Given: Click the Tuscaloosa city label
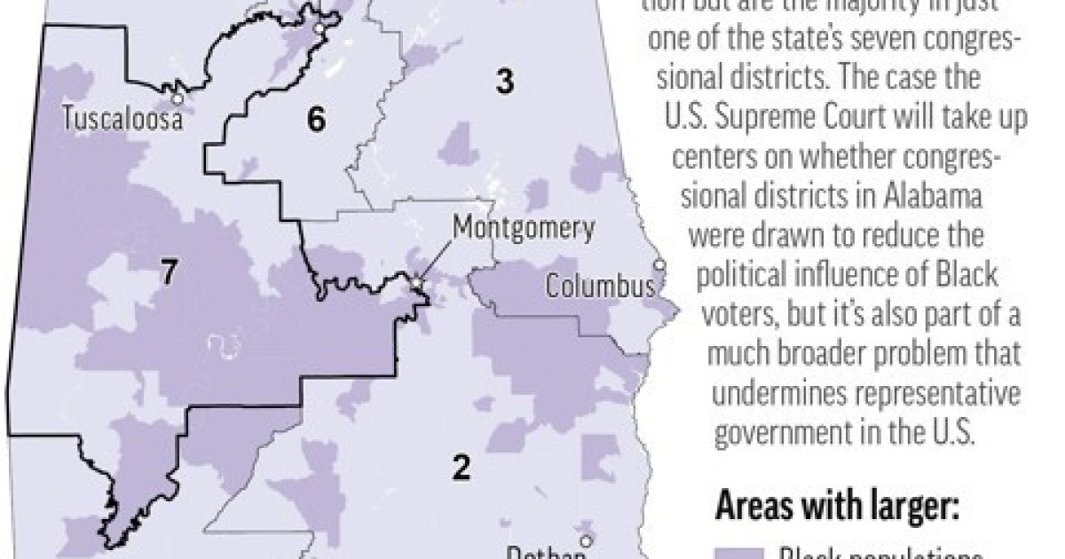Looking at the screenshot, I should coord(122,120).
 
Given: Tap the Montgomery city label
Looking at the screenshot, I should coord(524,228).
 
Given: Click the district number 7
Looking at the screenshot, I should coord(169,272).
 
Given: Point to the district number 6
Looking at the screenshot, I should coord(316,119).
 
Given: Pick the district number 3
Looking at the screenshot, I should coord(504,82).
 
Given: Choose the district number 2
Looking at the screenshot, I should coord(461,467).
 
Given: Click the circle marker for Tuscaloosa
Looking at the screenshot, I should coord(178,99).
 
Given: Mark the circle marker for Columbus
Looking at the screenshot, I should coord(659,265).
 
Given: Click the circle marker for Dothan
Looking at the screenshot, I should coord(586,540).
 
